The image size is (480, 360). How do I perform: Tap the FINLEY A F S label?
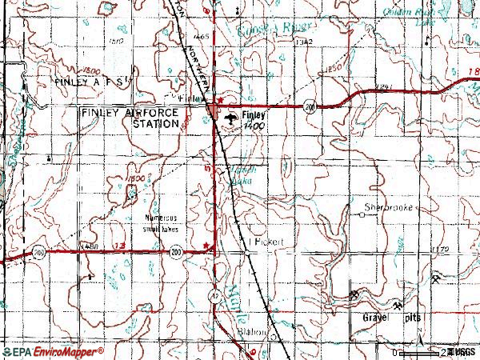point(87,82)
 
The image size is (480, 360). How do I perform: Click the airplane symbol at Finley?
point(230,118)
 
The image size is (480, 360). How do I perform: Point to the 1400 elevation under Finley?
point(255,126)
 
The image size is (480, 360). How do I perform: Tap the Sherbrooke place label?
point(387,206)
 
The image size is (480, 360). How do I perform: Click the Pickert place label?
point(269,241)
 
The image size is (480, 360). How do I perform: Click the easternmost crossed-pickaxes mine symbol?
point(434,279)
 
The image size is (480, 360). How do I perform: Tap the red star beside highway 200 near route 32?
point(206,246)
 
